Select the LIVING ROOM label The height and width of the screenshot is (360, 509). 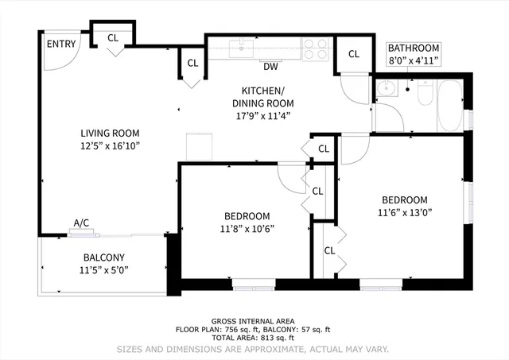coord(110,133)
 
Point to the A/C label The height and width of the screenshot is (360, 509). coord(80,223)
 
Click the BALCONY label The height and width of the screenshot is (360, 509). coord(104,257)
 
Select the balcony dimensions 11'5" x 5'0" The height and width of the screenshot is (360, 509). coord(104,270)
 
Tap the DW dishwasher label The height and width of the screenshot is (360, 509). coord(270,66)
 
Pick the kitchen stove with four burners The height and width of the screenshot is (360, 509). coord(316,48)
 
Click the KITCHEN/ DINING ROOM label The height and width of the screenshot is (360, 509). coord(262,97)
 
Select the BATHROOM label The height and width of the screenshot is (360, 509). coord(413,48)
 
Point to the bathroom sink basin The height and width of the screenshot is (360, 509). coord(387,89)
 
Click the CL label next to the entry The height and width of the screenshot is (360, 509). coord(113,37)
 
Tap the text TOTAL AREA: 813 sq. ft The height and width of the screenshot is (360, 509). coord(254,338)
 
